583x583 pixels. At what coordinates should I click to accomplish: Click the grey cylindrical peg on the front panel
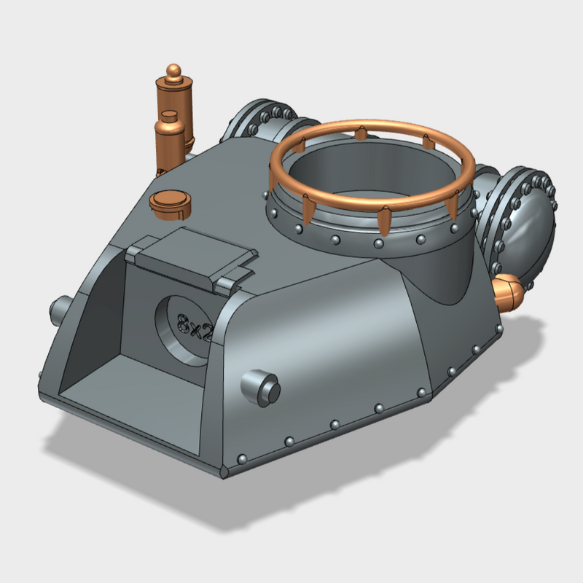261,386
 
